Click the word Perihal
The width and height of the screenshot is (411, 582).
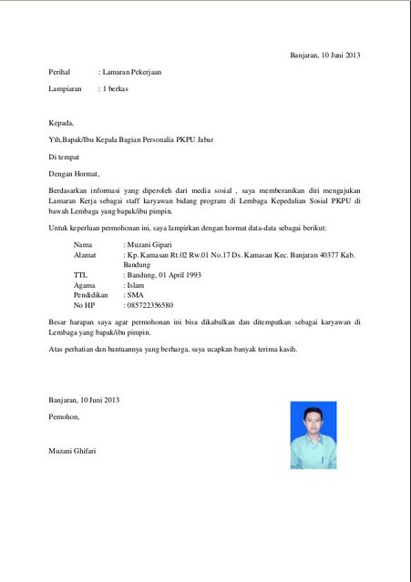60,72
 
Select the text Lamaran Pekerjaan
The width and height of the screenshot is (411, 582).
133,72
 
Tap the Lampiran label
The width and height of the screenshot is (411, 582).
65,89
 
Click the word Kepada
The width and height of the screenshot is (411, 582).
61,123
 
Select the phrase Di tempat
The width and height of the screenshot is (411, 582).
64,157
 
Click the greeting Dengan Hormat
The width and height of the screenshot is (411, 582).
74,174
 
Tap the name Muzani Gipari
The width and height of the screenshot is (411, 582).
150,246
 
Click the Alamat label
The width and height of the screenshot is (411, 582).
85,256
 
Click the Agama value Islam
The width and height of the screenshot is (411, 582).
136,285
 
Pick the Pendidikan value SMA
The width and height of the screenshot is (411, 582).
135,295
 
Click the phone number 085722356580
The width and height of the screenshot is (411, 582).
149,305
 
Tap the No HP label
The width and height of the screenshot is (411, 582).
84,305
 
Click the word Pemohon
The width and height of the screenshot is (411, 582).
64,416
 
